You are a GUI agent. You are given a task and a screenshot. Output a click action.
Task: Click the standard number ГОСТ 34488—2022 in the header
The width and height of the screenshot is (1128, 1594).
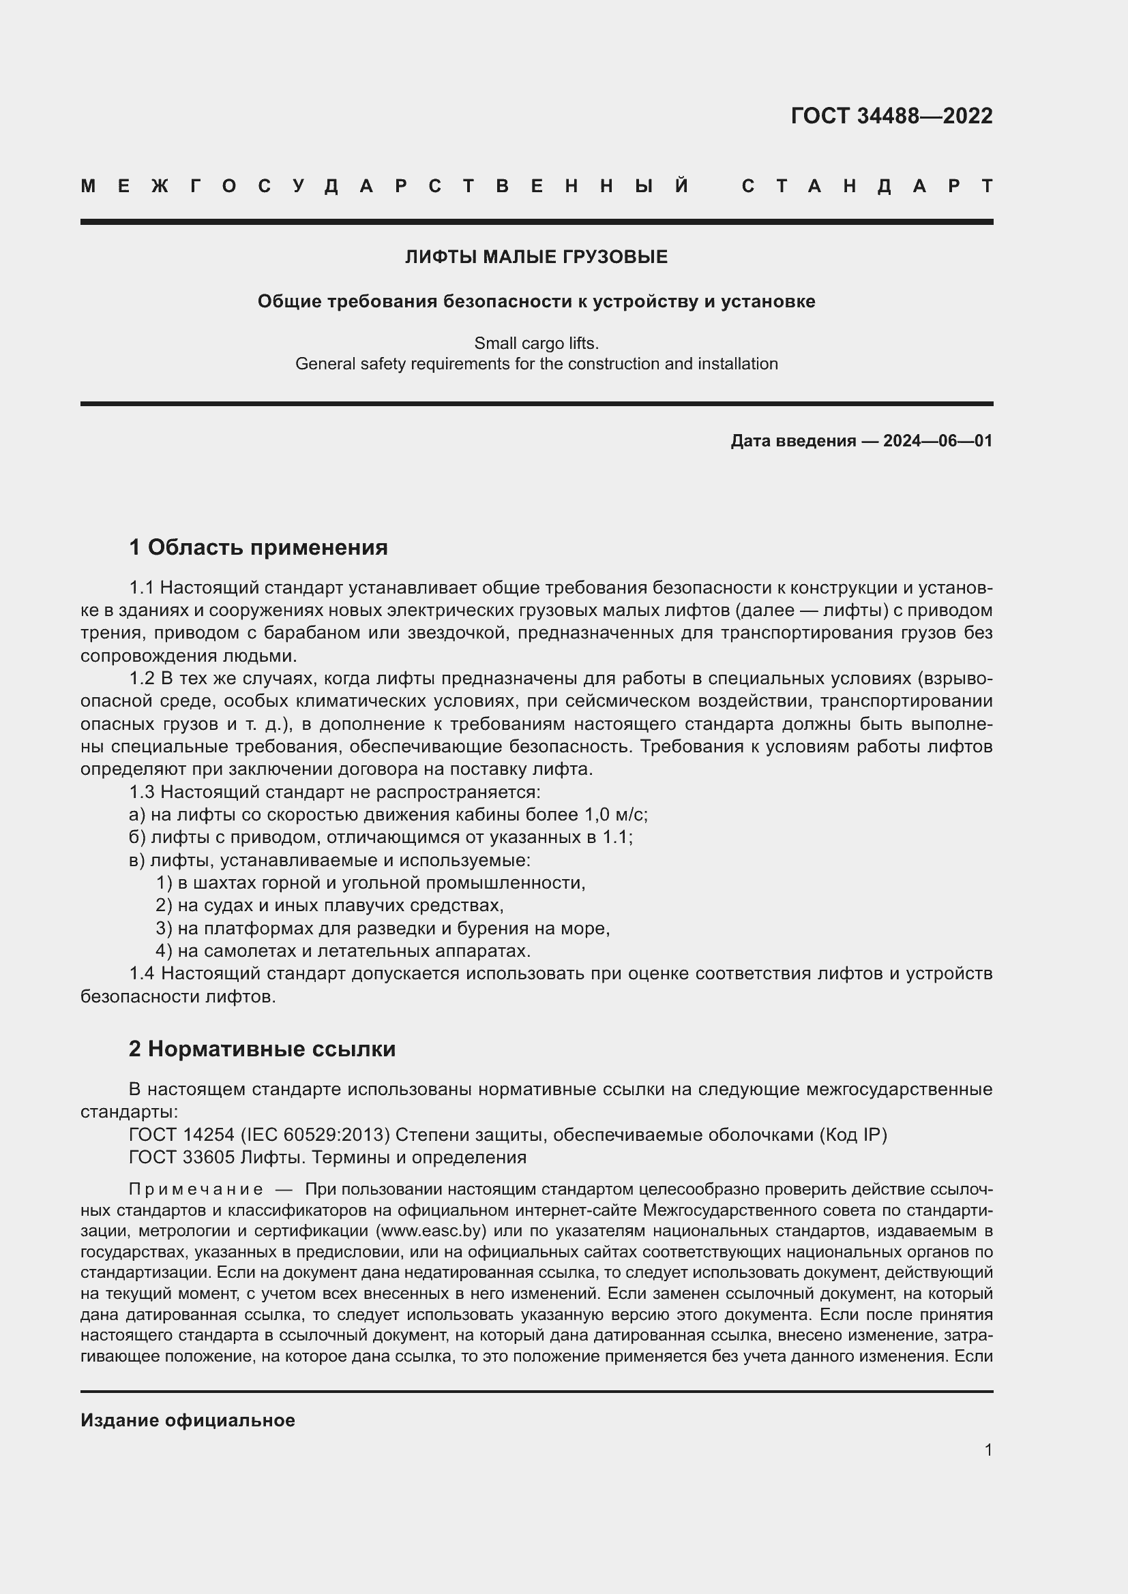tap(891, 116)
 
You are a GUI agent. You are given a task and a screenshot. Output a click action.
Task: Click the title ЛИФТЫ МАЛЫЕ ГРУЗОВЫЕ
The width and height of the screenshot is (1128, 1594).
tap(536, 257)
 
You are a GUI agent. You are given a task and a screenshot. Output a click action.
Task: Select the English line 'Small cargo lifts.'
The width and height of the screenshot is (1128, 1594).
tap(536, 343)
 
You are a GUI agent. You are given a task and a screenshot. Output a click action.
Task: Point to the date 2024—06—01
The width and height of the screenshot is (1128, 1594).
tap(938, 441)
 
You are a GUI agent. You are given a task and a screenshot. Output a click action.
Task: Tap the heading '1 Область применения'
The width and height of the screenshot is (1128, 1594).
tap(258, 548)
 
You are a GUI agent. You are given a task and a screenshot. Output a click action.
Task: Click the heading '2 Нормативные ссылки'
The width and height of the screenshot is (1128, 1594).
tap(262, 1049)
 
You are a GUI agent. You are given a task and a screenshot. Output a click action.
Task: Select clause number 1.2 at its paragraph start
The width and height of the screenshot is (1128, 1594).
tap(142, 678)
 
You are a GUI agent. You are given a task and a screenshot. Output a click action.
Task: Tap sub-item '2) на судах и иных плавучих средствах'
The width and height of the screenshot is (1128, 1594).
tap(330, 905)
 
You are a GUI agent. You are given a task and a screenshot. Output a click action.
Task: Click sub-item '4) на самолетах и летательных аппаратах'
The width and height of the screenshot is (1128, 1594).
tap(343, 951)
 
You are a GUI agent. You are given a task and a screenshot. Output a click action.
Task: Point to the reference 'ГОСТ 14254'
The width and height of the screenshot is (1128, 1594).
tap(181, 1135)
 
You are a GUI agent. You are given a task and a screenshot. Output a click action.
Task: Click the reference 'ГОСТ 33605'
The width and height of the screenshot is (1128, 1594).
tap(181, 1157)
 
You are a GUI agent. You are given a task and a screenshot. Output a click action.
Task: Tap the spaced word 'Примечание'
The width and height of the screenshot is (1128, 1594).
tap(196, 1189)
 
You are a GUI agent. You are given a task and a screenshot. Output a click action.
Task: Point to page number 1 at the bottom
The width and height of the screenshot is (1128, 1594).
tap(988, 1450)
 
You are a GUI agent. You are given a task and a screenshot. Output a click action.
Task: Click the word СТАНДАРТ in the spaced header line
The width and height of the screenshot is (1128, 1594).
tap(867, 186)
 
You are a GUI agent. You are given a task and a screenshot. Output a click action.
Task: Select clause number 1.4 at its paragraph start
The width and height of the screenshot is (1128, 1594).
tap(142, 973)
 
